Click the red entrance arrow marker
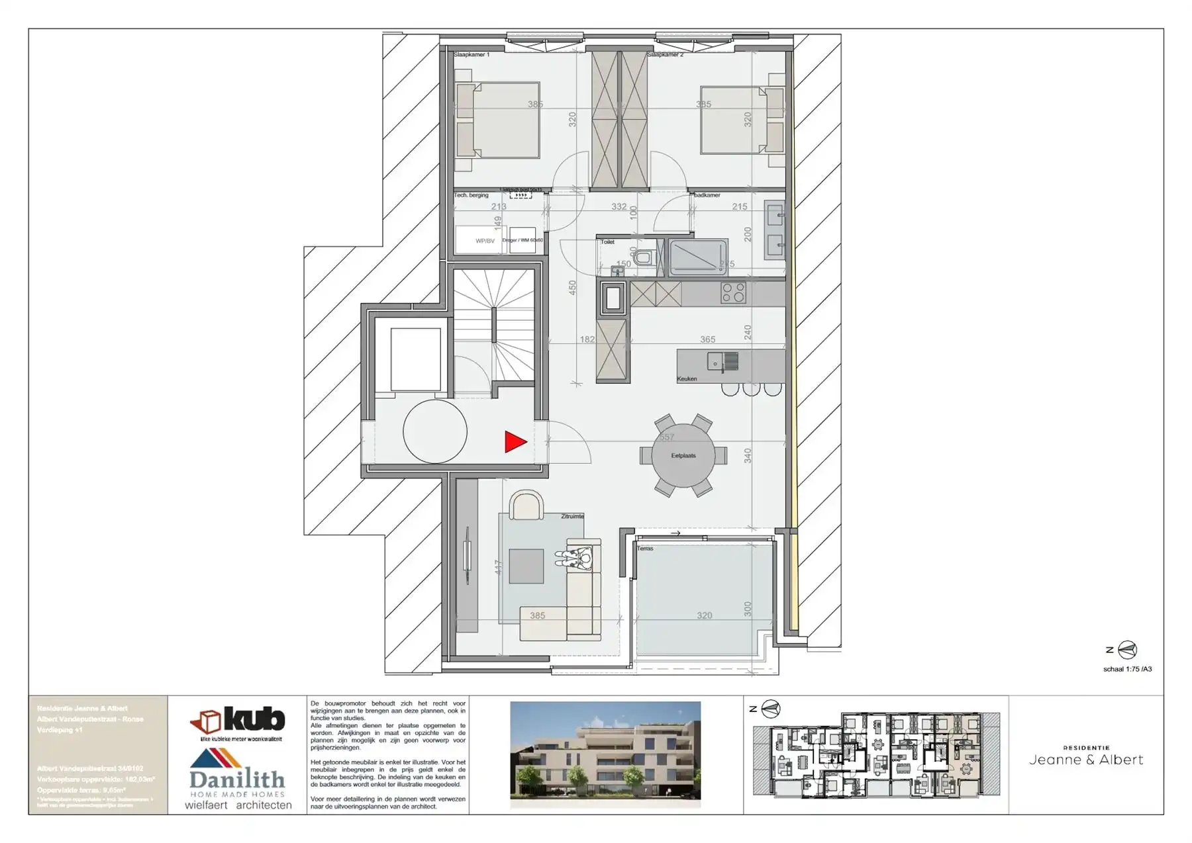click(x=515, y=442)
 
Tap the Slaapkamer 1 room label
click(x=472, y=55)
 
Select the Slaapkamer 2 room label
click(x=665, y=55)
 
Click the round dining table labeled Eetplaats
click(x=683, y=456)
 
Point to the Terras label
click(x=645, y=549)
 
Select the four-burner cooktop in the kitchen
click(x=733, y=292)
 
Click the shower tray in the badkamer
click(x=698, y=257)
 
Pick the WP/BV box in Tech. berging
click(x=485, y=241)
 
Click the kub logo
click(x=238, y=721)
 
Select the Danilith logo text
click(x=236, y=779)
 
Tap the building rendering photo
click(x=605, y=754)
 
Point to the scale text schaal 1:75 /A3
click(x=1127, y=669)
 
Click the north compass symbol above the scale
click(x=1127, y=650)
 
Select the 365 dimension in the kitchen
click(x=707, y=339)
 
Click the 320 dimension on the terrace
click(x=704, y=616)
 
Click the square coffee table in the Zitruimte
click(x=526, y=566)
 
